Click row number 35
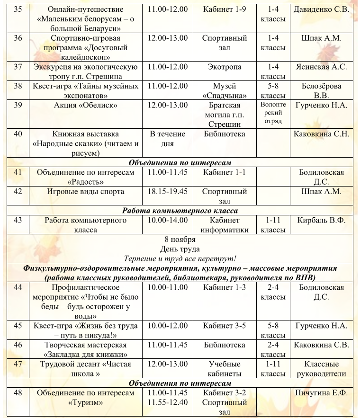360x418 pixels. (18, 9)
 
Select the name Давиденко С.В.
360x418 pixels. (321, 9)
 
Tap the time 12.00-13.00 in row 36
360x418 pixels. (168, 38)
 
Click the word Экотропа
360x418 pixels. (225, 67)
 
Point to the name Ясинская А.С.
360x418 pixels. (321, 67)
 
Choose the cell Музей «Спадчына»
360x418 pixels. (225, 91)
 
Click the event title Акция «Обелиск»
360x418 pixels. (86, 105)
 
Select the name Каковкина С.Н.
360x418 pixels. (321, 134)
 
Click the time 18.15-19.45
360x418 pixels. (168, 192)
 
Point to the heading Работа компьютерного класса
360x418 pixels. (180, 211)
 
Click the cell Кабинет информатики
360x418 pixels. (225, 225)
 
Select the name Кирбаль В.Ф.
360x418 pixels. (321, 220)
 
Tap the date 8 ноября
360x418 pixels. (180, 240)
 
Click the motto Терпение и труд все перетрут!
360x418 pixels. (180, 259)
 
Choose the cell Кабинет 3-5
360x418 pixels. (225, 326)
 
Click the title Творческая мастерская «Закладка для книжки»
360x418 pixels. (86, 350)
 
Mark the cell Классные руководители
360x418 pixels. (321, 369)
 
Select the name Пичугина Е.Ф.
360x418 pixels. (321, 393)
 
